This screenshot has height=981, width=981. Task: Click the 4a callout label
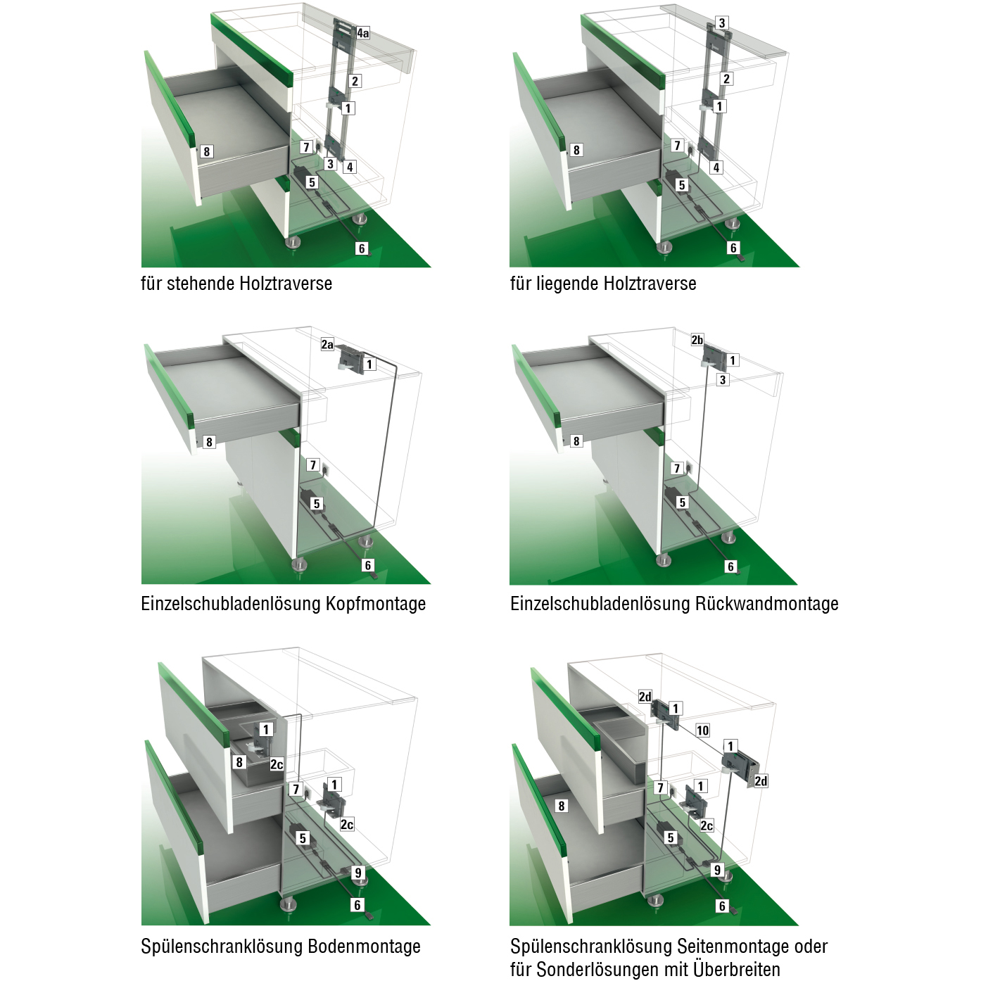[362, 34]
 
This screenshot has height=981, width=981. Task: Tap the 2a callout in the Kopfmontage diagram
[327, 345]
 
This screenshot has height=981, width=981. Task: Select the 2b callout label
[697, 340]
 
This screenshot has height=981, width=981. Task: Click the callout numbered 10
[702, 730]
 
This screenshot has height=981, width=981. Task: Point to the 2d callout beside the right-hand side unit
[761, 780]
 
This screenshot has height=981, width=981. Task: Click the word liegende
[564, 284]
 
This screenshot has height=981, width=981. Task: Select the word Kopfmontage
[376, 604]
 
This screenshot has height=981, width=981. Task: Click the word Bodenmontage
[365, 947]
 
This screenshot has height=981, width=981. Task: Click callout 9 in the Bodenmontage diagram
[358, 873]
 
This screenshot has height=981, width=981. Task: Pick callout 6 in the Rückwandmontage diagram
[730, 567]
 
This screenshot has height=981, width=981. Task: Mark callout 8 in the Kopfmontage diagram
[209, 442]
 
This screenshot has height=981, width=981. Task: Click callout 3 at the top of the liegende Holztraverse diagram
[721, 23]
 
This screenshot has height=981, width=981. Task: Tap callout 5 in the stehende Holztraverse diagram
[312, 182]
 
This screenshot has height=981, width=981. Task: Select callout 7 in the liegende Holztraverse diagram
[677, 146]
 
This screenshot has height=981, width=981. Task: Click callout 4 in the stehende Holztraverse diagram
[349, 167]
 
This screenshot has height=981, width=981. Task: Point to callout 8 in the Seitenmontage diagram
[561, 806]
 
